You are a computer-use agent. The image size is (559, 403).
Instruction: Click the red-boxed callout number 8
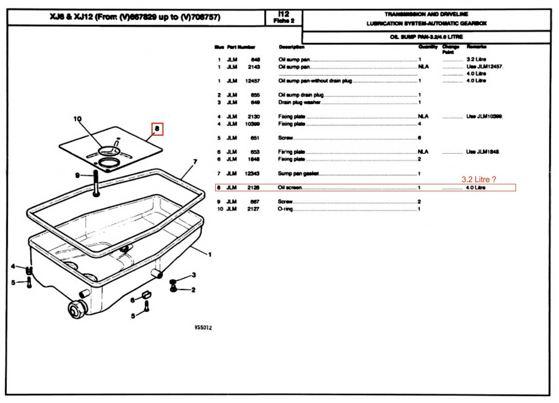coord(157,129)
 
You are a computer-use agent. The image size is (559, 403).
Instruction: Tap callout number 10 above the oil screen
coord(77,119)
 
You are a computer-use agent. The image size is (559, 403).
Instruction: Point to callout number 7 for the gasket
coord(195,162)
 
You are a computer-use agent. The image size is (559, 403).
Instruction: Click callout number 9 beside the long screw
coord(77,175)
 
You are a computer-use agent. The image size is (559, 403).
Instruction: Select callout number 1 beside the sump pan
coord(210,255)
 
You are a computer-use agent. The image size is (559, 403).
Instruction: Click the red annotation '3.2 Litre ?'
coord(479,180)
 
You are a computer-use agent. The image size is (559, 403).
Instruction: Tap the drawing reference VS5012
coord(203,327)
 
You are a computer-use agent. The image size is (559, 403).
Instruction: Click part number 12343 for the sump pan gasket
coord(252,174)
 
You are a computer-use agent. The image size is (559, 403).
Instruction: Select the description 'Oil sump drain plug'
coord(301,95)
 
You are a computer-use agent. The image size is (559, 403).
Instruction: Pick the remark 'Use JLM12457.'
coord(485,67)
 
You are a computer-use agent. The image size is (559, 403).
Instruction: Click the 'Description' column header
coord(292,47)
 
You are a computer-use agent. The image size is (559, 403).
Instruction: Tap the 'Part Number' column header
coord(241,47)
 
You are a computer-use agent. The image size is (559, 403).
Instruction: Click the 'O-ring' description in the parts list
coord(285,209)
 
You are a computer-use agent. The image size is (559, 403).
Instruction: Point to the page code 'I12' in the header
coord(284,14)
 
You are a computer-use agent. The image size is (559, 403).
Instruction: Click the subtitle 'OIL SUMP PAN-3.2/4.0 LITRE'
coord(426,37)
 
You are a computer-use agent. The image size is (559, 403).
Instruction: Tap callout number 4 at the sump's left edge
coord(13,266)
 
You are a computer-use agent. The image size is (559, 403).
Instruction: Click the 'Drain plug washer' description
coord(299,103)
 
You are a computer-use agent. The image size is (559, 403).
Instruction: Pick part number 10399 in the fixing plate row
coord(252,124)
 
